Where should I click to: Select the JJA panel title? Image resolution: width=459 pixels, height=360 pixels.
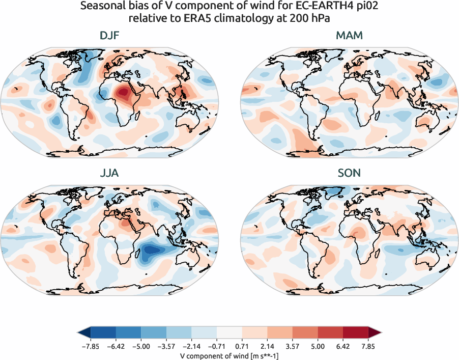[109, 173]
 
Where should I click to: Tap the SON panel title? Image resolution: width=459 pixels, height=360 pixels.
[350, 173]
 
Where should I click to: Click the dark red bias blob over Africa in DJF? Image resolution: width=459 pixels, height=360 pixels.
[123, 93]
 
